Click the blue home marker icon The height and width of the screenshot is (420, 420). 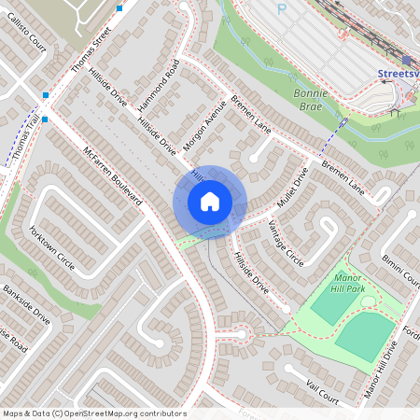(210, 202)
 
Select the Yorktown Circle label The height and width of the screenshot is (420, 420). (50, 246)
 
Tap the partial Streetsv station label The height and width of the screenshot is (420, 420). (399, 72)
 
